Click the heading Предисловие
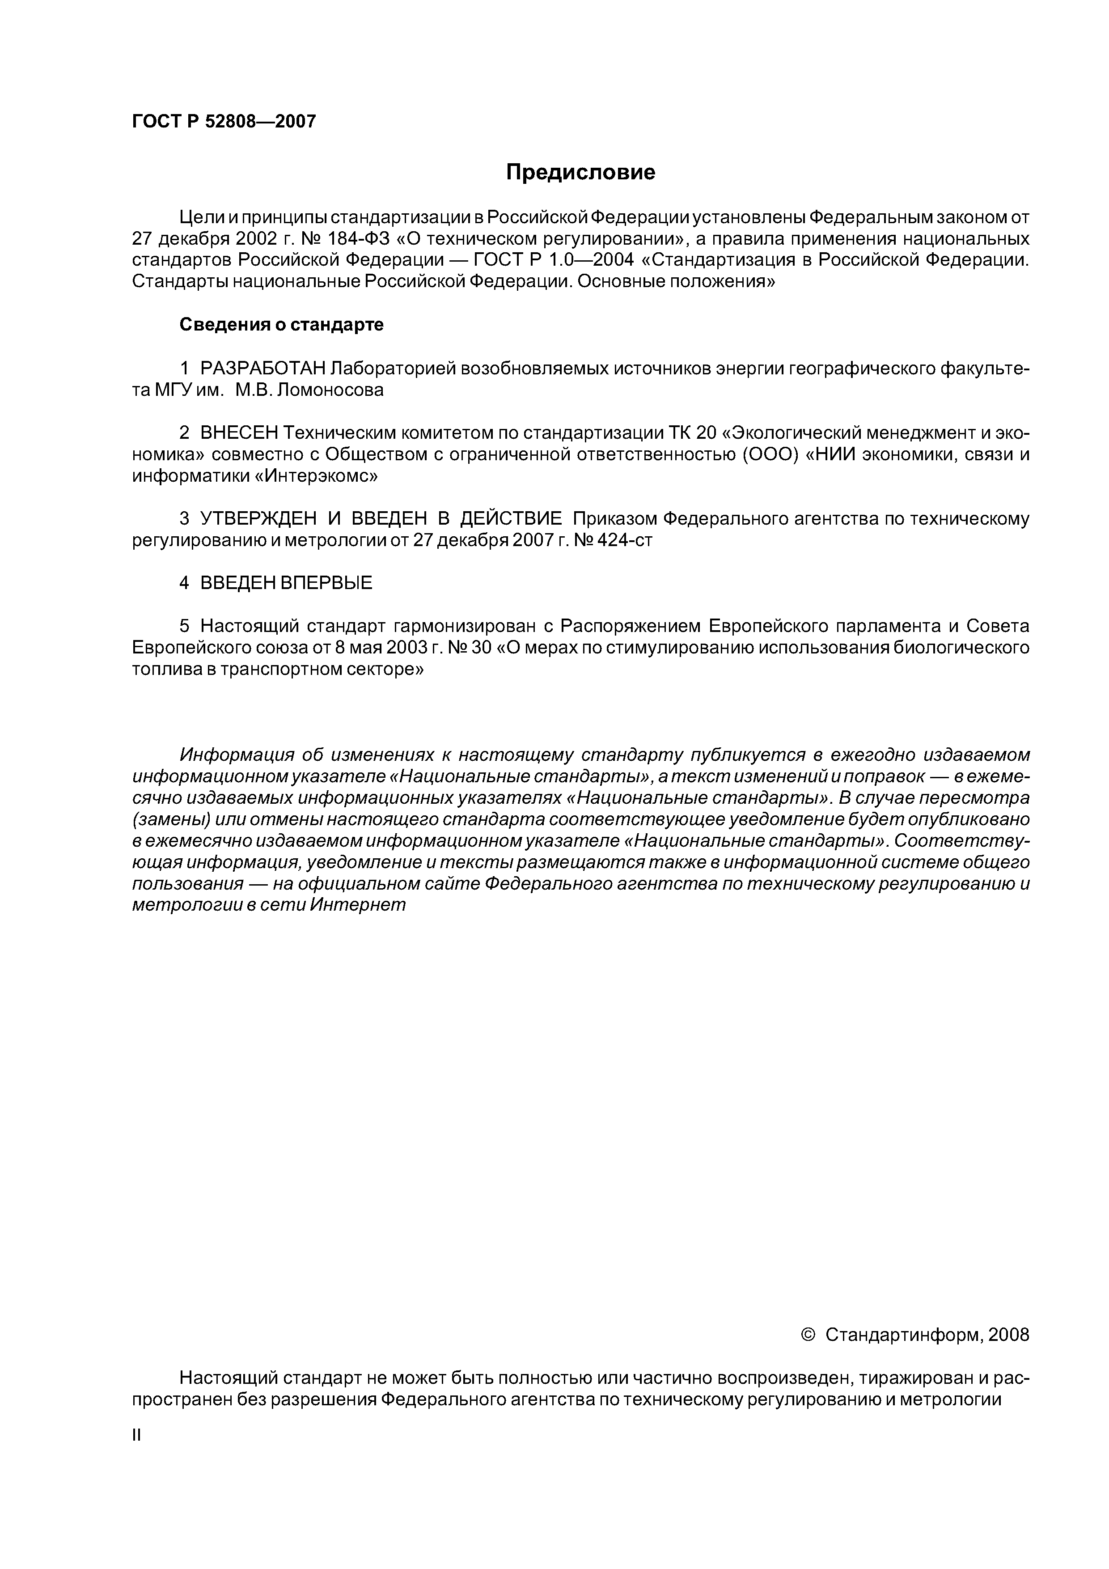pos(580,172)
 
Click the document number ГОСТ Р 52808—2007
pos(224,122)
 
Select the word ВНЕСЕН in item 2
pos(240,433)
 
